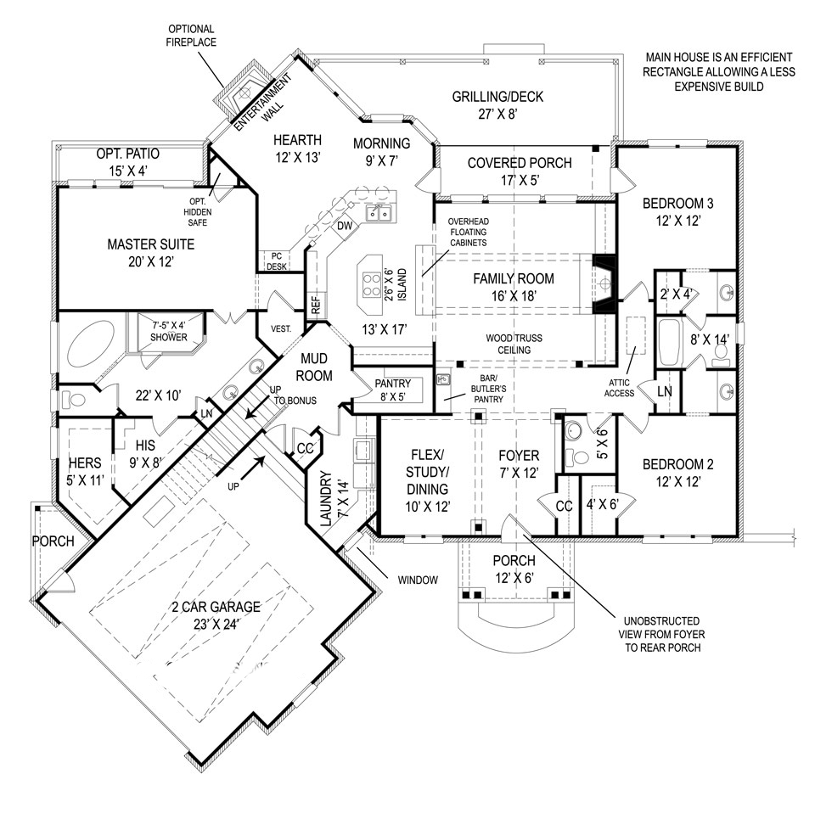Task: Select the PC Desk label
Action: point(277,260)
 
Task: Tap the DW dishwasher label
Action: point(344,227)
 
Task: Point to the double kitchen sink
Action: point(379,212)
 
